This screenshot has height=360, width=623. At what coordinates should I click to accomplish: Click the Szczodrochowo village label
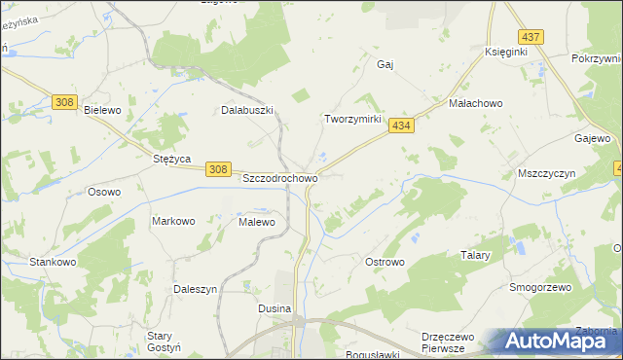[279, 179]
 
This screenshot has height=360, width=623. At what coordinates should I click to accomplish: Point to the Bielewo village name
[102, 111]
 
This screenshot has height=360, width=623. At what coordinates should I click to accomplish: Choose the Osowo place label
[104, 192]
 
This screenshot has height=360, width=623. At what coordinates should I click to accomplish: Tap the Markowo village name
[173, 221]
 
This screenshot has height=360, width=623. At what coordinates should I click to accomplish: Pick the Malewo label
[257, 222]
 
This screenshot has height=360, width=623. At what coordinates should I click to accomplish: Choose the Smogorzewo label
[539, 288]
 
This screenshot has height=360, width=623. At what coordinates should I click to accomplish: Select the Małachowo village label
[474, 102]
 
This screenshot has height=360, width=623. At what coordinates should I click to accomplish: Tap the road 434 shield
[402, 126]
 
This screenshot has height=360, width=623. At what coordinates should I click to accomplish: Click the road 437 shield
[531, 37]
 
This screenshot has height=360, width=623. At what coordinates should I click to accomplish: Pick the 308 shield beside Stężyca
[218, 169]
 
